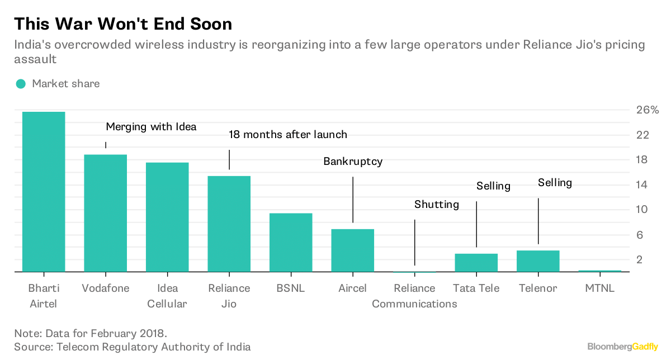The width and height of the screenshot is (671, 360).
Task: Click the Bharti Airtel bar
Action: tap(44, 192)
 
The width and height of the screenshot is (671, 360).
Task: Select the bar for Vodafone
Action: tap(105, 213)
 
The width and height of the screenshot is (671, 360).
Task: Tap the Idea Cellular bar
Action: tap(167, 217)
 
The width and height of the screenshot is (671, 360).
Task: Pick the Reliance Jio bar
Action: tap(229, 224)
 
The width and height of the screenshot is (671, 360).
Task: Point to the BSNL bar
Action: tap(291, 243)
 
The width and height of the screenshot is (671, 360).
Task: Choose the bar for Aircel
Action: tap(352, 250)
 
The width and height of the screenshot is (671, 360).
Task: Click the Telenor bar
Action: tap(538, 261)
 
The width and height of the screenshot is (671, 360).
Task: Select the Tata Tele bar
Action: tap(476, 263)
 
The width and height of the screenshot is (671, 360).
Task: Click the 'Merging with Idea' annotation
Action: tap(151, 127)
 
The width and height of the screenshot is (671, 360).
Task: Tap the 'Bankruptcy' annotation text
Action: tap(353, 162)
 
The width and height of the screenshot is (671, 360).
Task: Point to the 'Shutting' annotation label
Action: tap(436, 205)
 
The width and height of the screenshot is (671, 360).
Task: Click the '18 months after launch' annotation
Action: tap(288, 135)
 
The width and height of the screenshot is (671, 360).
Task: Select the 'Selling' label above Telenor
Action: tap(555, 183)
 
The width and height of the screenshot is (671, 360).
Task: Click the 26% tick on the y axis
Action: tap(648, 110)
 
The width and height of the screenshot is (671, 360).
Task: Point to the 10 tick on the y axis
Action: tap(642, 210)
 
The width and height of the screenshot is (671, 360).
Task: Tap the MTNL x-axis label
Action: tap(599, 288)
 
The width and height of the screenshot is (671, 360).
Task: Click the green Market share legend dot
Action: tap(21, 84)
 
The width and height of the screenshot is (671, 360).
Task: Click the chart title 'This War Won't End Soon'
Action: tap(123, 23)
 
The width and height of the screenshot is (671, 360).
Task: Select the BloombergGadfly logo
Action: tap(622, 347)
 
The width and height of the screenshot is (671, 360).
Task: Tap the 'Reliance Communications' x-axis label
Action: tap(414, 296)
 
